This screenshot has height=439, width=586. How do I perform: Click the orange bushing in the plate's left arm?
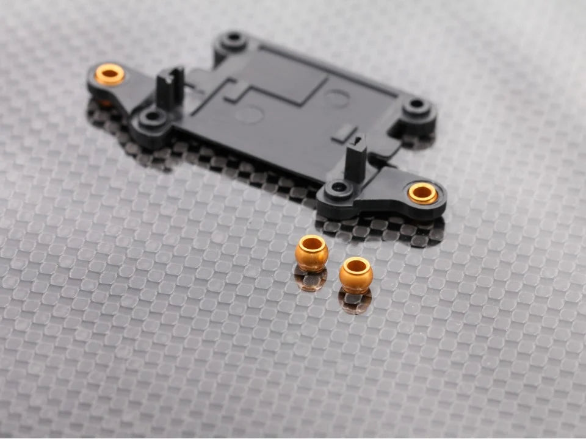110,74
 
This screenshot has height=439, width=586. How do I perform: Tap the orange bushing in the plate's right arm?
422,193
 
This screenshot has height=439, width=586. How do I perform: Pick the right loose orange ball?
356,274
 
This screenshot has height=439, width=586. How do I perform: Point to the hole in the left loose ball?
312,244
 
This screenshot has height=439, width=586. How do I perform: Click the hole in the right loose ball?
356,266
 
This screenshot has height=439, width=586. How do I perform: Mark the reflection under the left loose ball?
309,280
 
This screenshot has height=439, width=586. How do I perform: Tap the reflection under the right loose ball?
355,302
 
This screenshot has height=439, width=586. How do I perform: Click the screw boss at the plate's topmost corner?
233,41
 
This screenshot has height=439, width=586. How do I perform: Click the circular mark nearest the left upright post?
249,114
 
